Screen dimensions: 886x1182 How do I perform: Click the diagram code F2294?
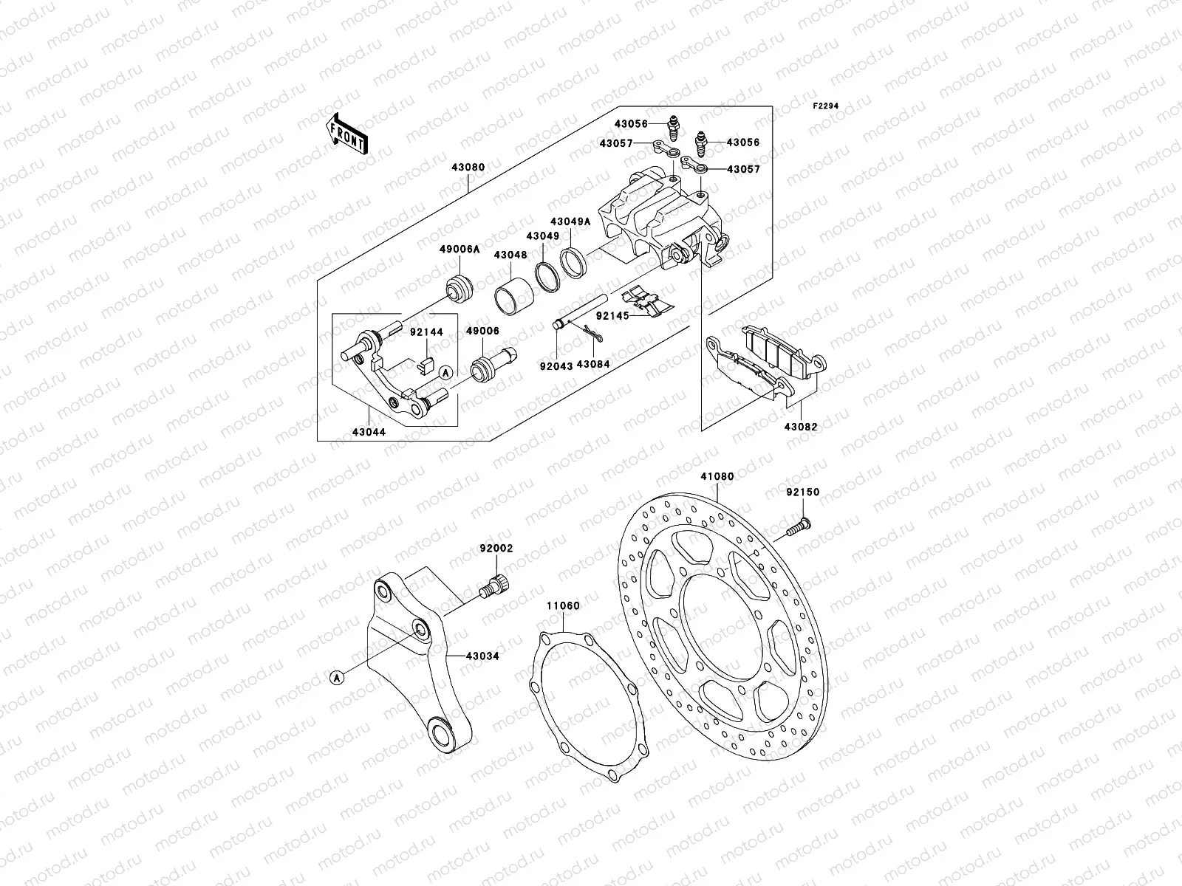[x=827, y=106]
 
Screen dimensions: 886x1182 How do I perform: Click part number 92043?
[x=555, y=365]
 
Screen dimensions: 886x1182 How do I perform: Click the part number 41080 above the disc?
[x=717, y=477]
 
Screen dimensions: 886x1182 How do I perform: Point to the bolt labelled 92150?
[x=796, y=527]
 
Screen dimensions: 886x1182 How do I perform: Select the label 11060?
[x=562, y=606]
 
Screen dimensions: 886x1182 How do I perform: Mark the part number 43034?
[x=482, y=655]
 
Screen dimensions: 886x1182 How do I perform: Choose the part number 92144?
[x=427, y=332]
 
